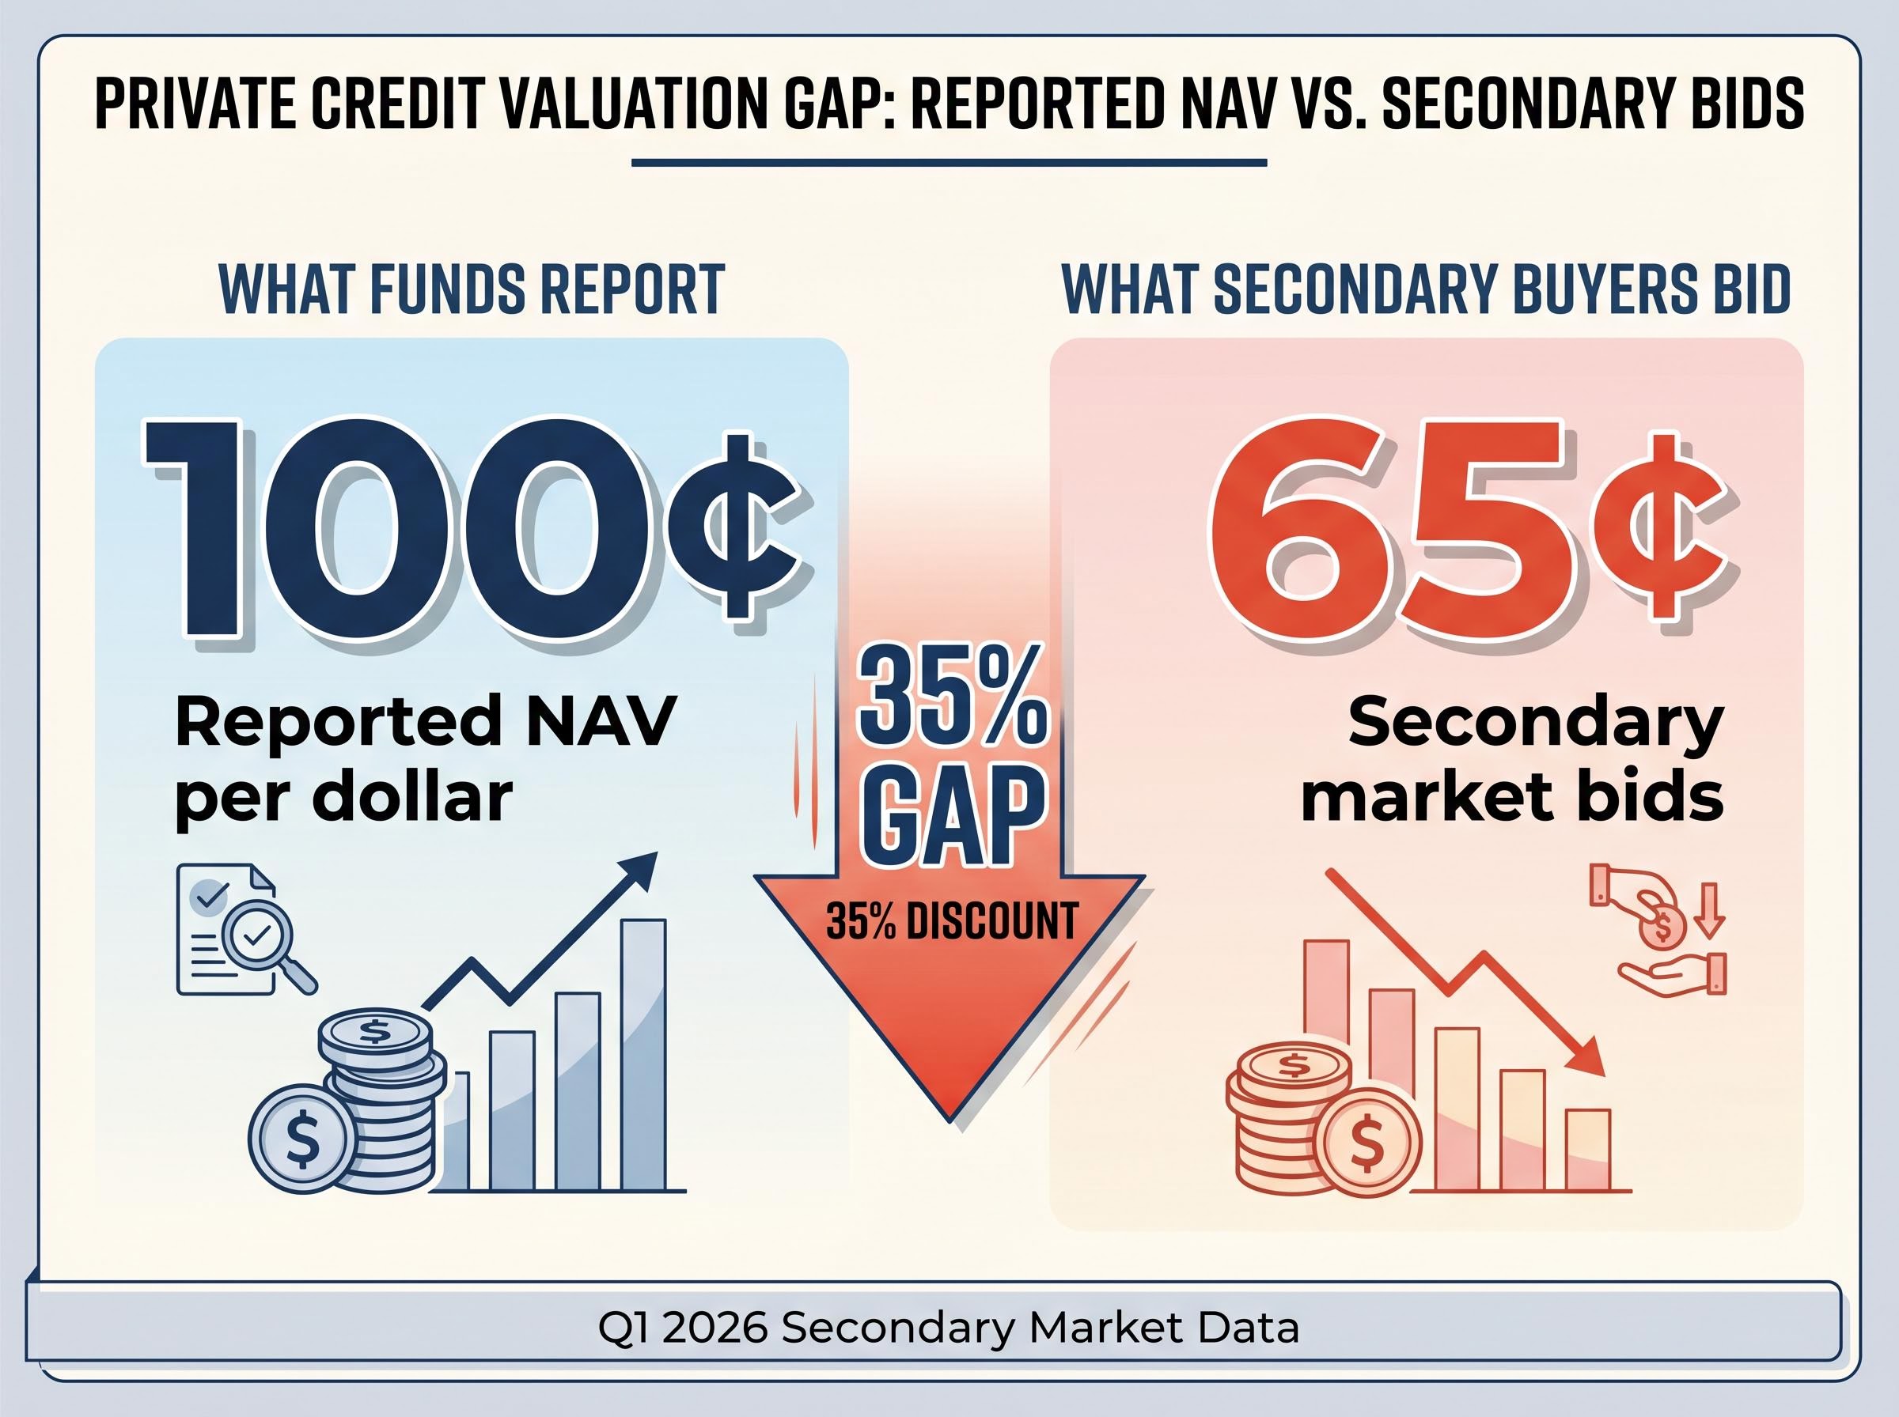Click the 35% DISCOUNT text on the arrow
[952, 922]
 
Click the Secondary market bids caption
[1512, 759]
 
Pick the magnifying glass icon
[267, 950]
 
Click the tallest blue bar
[643, 1055]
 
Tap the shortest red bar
[1588, 1151]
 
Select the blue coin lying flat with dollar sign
[302, 1137]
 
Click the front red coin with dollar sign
[1366, 1141]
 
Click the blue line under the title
[948, 162]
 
